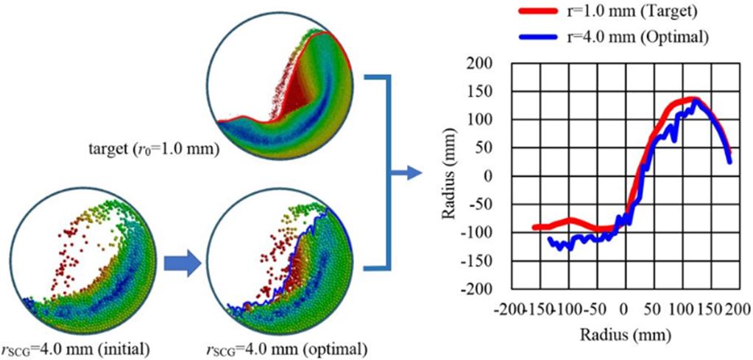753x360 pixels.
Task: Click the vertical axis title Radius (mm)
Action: [450, 177]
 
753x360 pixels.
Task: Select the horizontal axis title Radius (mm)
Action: [623, 335]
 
